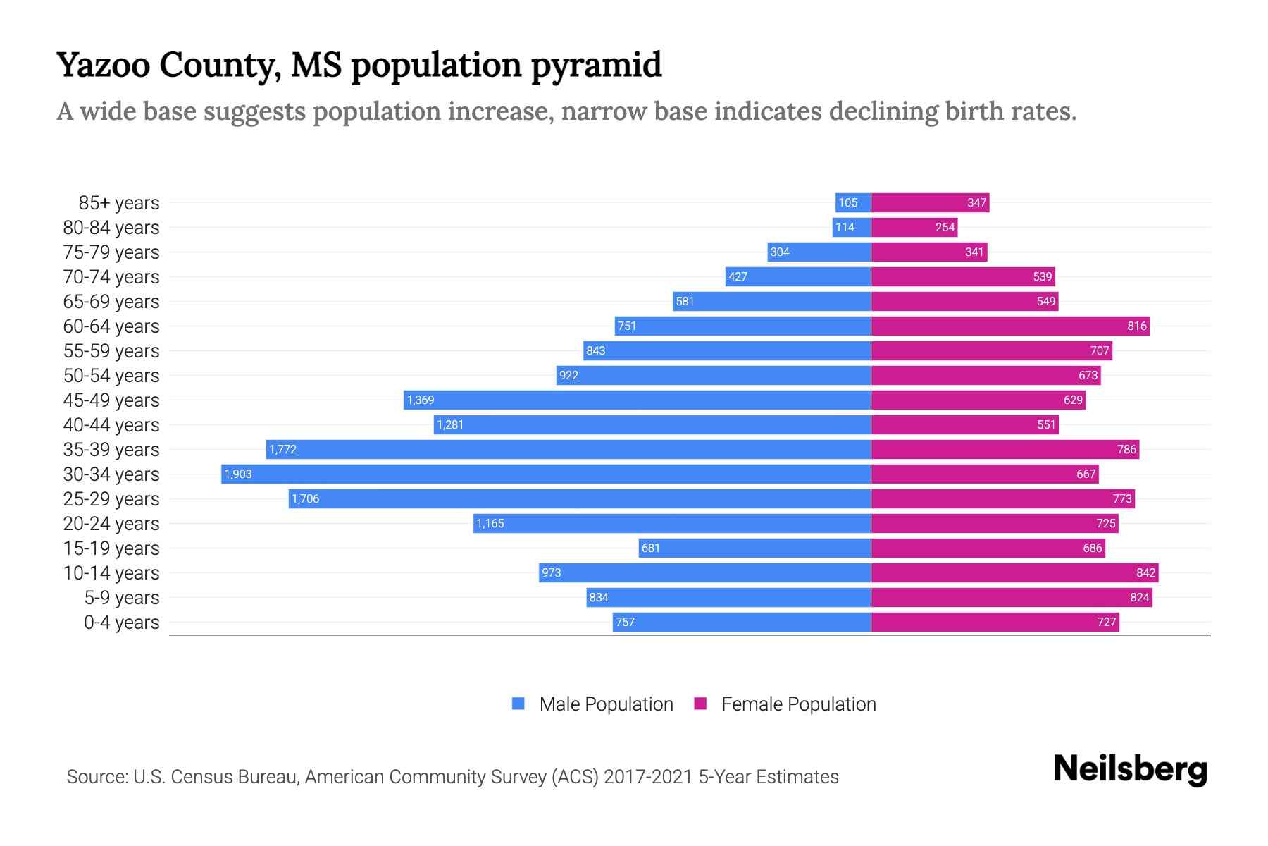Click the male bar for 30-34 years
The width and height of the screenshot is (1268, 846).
pos(546,474)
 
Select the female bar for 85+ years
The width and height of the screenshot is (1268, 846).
pos(930,203)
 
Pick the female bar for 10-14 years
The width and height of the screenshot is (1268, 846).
pos(1014,572)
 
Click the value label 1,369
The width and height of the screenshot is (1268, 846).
pos(421,400)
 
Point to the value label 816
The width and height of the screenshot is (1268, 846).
pos(1137,326)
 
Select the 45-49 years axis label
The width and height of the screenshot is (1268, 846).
pos(111,400)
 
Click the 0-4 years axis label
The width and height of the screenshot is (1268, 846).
pos(121,623)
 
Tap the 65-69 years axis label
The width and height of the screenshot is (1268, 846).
pos(111,302)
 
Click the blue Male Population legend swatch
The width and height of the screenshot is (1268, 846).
pos(518,704)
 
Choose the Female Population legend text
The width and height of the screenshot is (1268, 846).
pos(798,704)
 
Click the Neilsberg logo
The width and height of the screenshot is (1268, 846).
pos(1130,769)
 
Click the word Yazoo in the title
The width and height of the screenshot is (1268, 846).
pos(104,65)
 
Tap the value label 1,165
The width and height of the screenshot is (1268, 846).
pos(490,523)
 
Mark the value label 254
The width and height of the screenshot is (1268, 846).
pos(945,227)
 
